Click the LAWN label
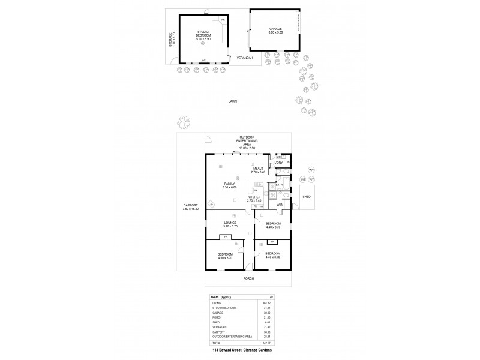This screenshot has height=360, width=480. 232,101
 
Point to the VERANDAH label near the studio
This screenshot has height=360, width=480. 244,58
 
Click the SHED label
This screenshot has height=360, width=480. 306,196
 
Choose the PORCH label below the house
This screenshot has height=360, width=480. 248,278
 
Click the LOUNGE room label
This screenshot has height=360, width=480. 231,223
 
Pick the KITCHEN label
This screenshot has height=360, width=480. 254,197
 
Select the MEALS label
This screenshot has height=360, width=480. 259,169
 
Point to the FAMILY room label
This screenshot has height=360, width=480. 230,183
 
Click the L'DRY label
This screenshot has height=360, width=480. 278,163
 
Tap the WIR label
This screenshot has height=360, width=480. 280,205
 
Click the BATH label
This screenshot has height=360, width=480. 279,185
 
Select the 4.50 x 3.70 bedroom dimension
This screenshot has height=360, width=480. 225,257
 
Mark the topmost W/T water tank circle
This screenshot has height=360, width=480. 311,169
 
